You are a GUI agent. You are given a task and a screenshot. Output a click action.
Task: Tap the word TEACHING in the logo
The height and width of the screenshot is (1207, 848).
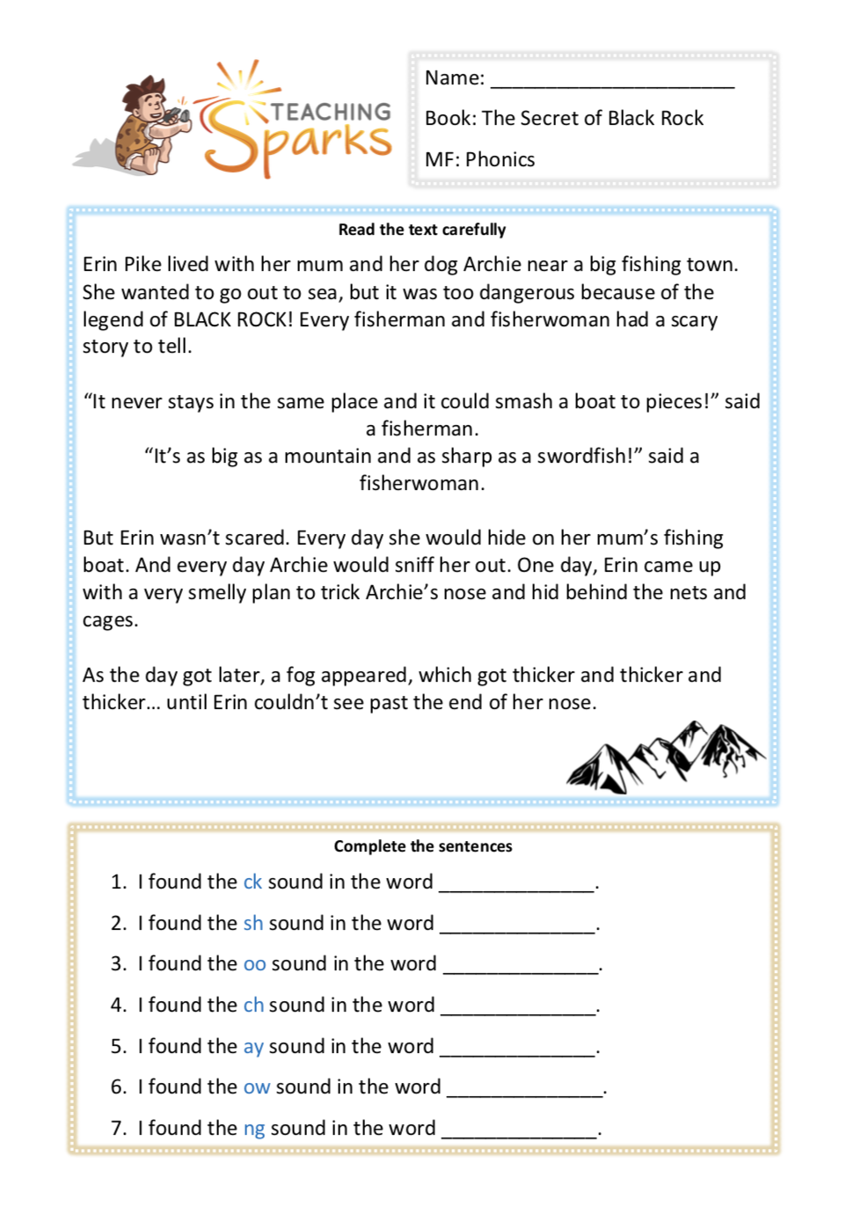tap(331, 112)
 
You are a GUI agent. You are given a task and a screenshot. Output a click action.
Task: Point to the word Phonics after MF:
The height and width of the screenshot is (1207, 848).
tap(500, 159)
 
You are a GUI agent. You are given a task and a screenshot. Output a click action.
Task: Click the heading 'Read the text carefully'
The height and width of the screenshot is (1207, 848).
tap(422, 230)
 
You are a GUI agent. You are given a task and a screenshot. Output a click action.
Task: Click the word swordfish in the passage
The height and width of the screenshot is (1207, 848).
tap(583, 456)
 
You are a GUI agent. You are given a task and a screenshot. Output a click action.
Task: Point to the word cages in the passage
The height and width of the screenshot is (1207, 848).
tap(110, 620)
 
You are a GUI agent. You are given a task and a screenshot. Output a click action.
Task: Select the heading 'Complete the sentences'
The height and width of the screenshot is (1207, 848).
tap(423, 846)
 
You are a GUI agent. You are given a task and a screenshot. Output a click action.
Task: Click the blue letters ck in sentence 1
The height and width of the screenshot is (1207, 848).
tap(252, 881)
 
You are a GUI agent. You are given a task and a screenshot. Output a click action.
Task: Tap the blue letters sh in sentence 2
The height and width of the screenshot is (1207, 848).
tap(253, 923)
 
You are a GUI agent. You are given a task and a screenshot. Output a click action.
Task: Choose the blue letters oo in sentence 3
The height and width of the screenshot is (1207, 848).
tap(254, 964)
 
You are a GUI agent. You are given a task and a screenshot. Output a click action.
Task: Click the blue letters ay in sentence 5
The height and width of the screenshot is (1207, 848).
tap(253, 1046)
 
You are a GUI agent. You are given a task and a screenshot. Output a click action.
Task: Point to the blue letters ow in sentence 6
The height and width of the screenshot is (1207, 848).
tap(257, 1087)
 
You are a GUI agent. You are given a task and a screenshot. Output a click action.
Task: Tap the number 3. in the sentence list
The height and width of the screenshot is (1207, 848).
tap(119, 964)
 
